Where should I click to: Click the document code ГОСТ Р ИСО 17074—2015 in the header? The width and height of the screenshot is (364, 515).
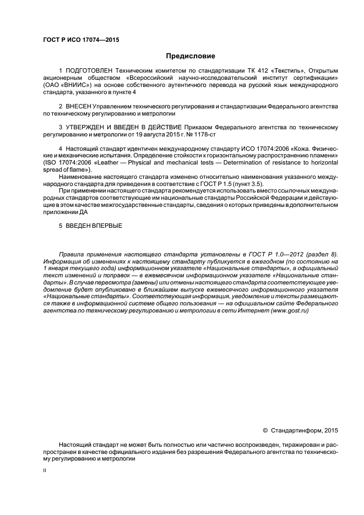click(x=81, y=40)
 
